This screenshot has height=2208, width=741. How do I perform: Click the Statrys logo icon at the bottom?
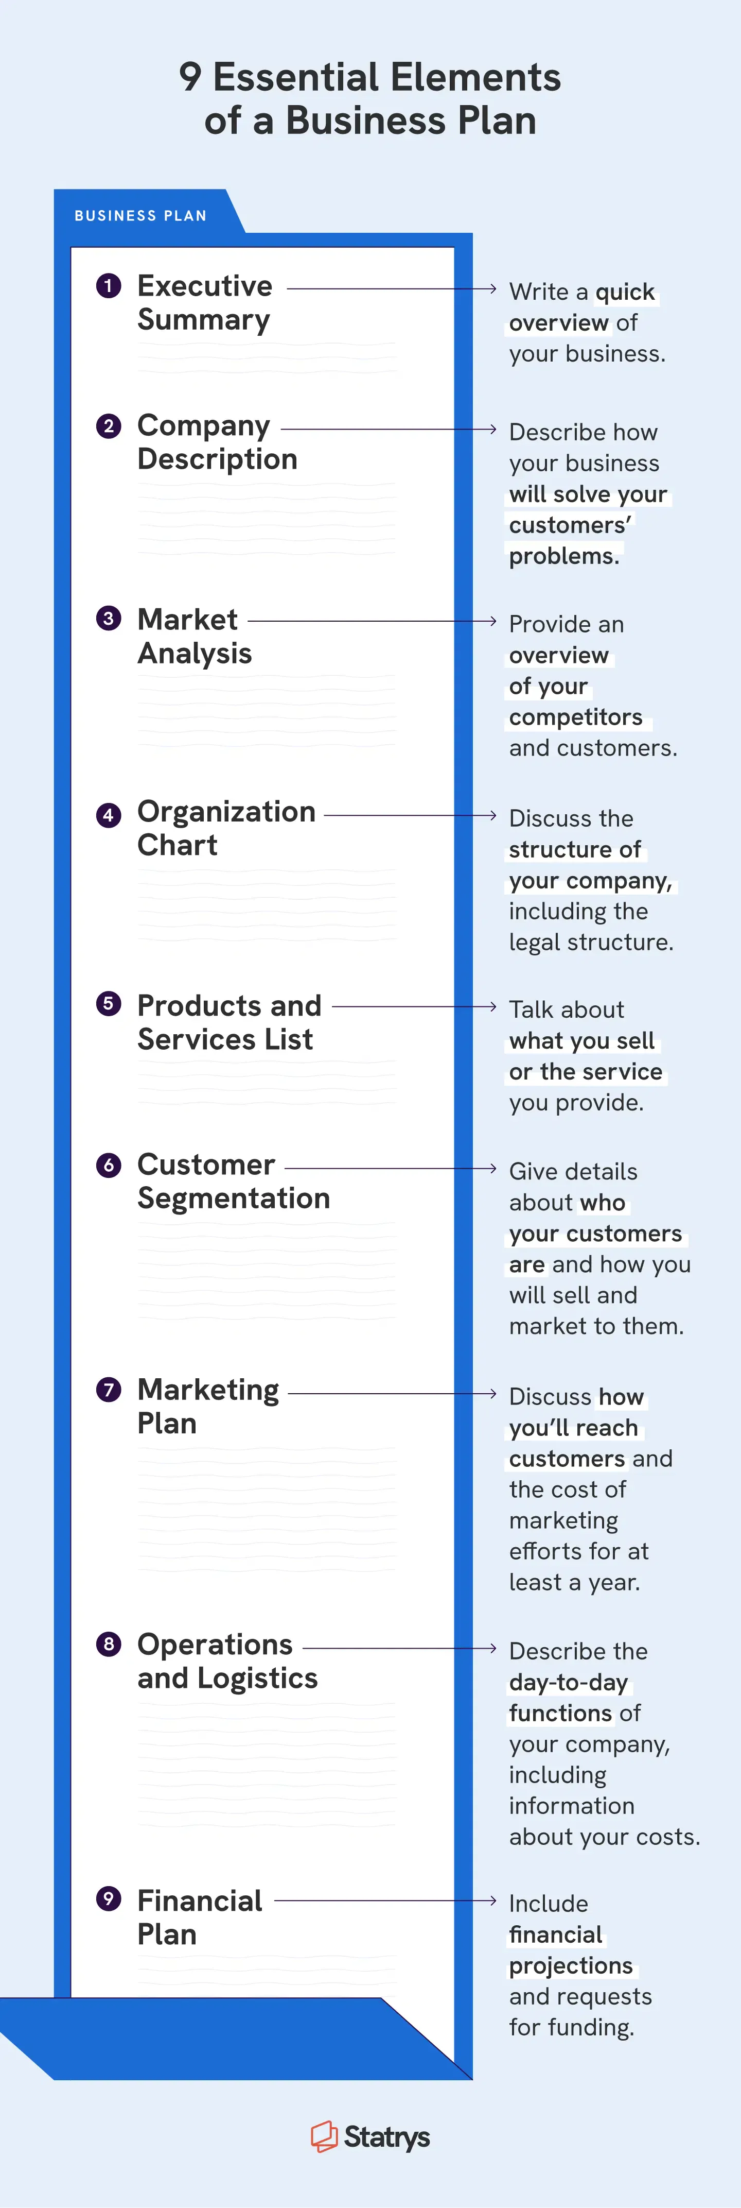tap(324, 2136)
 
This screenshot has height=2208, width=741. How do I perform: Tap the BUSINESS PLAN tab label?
tap(140, 216)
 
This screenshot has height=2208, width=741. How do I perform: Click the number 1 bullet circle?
tap(109, 285)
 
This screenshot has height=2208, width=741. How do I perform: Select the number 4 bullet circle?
tap(109, 815)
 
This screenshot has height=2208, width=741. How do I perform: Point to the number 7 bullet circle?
tap(109, 1390)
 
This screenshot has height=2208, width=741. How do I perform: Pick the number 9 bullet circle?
tap(109, 1898)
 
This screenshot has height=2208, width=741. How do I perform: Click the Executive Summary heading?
tap(205, 302)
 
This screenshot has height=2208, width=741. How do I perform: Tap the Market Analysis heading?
tap(195, 636)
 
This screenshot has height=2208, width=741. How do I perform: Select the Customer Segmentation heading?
tap(233, 1181)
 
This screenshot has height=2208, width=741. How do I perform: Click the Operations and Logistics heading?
tap(227, 1661)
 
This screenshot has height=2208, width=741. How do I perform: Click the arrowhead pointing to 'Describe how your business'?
tap(492, 429)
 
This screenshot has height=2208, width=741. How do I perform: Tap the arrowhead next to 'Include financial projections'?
tap(492, 1901)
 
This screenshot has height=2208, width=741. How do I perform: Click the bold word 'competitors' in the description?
tap(576, 716)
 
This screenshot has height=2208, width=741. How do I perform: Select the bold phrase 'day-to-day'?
tap(569, 1682)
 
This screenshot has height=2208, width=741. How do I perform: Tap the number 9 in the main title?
tap(190, 77)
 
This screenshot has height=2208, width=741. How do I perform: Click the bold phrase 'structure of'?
tap(575, 849)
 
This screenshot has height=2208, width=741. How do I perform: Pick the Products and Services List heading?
tap(228, 1022)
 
